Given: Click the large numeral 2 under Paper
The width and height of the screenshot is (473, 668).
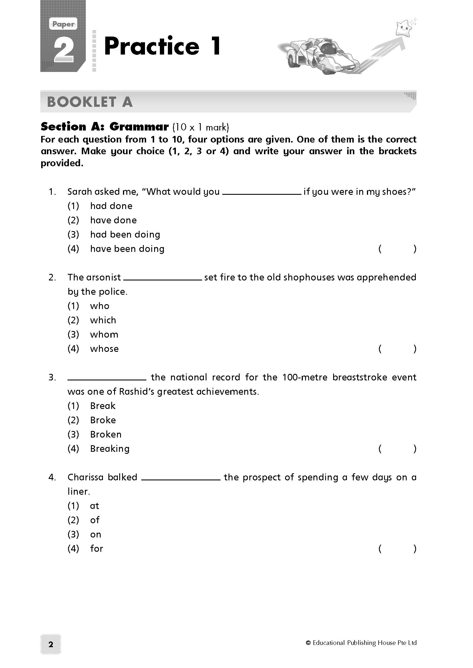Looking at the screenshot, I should click(64, 49).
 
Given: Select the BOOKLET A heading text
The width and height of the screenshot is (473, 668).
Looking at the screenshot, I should click(90, 102).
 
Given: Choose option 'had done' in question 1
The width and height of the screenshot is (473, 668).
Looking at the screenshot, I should click(111, 206).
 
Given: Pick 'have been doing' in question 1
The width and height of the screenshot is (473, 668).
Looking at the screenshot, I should click(127, 249).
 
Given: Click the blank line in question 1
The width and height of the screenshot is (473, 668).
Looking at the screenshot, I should click(261, 193).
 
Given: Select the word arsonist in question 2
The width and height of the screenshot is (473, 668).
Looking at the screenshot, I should click(104, 277).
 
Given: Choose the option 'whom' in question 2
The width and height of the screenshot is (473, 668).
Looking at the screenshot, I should click(104, 335).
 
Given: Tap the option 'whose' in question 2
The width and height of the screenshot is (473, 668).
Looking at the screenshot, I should click(104, 349).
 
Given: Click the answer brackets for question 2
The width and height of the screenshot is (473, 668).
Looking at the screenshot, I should click(397, 349).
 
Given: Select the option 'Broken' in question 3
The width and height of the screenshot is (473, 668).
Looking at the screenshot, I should click(106, 434).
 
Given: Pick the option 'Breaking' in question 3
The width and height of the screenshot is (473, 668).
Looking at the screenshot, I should click(110, 449).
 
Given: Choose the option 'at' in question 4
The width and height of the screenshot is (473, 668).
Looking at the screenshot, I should click(95, 506).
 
